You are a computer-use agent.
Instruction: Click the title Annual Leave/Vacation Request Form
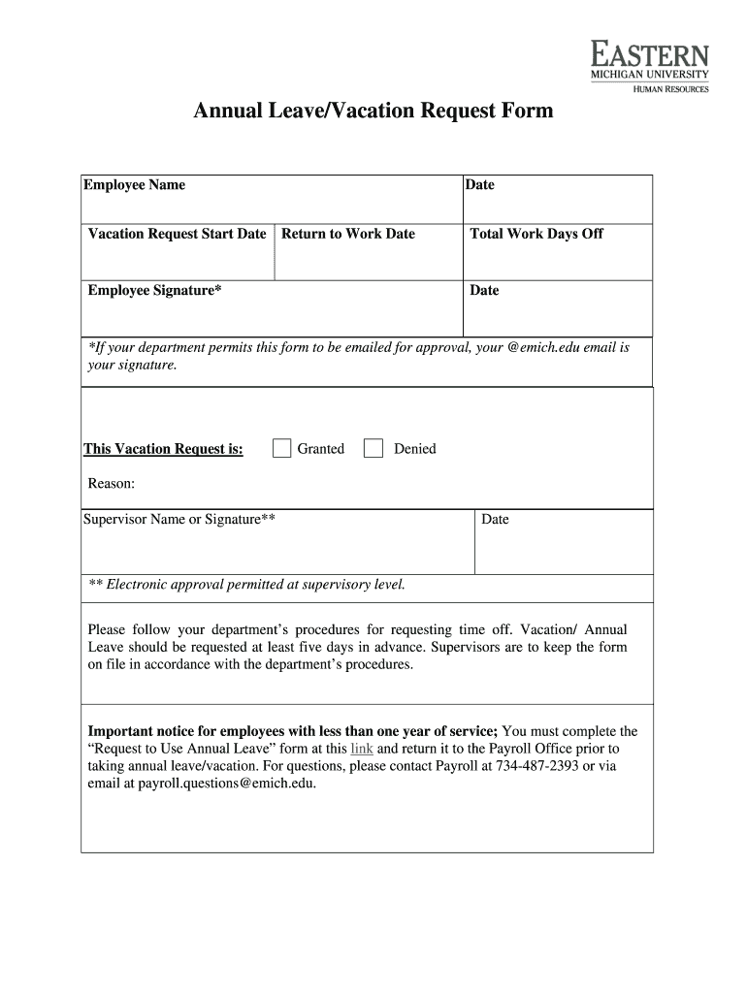coord(373,112)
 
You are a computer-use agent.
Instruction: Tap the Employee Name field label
coord(134,185)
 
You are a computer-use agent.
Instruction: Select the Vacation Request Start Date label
coord(177,234)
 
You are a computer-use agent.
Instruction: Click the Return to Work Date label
coord(348,234)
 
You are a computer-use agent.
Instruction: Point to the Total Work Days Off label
coord(536,234)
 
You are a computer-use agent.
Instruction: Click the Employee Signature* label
coord(154,290)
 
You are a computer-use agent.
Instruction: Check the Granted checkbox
coord(282,448)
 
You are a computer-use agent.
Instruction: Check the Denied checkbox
coord(373,448)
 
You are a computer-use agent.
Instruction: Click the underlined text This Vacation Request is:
coord(163,449)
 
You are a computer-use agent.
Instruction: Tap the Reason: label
coord(112,484)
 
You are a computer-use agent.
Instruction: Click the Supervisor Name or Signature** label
coord(179,520)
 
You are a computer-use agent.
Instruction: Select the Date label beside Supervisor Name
coord(495,520)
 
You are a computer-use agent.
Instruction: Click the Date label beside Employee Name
coord(480,185)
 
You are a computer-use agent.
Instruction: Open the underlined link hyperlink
coord(362,749)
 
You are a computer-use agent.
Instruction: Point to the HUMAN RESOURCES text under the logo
coord(671,89)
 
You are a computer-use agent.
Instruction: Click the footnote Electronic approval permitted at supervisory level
coord(246,585)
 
